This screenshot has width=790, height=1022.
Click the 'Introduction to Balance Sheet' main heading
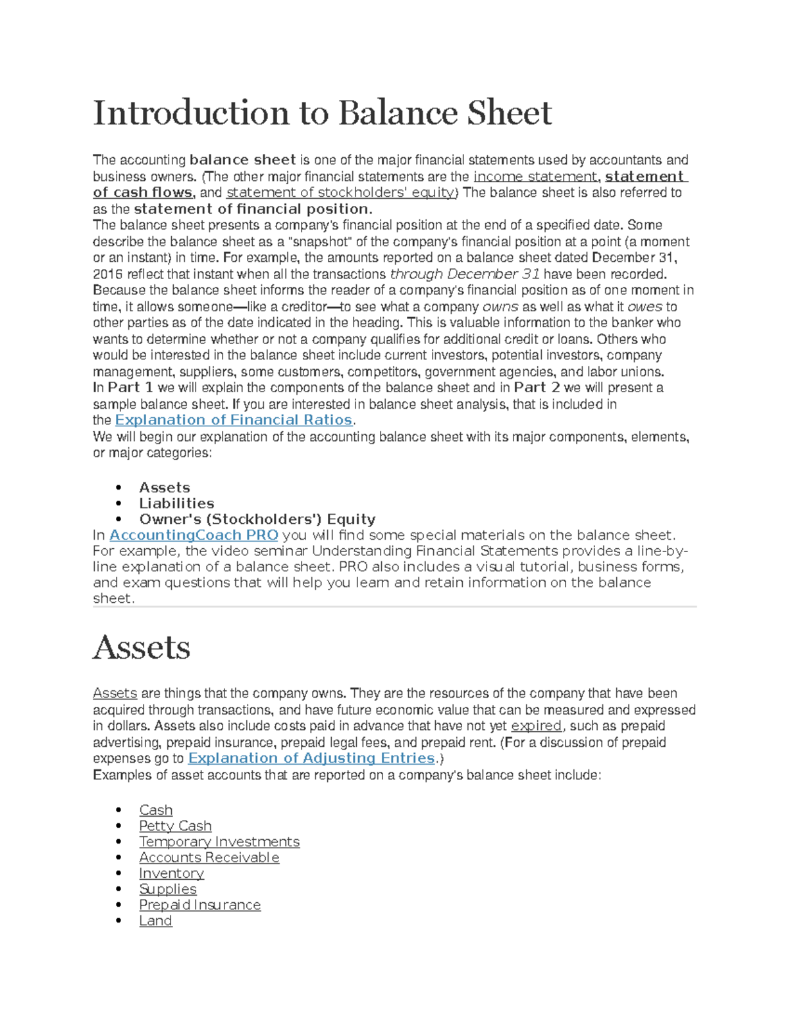pyautogui.click(x=322, y=113)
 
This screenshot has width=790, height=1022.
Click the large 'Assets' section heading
pyautogui.click(x=142, y=648)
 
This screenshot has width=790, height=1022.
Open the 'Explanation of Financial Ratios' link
pyautogui.click(x=234, y=420)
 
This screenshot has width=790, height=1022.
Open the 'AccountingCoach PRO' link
pyautogui.click(x=194, y=535)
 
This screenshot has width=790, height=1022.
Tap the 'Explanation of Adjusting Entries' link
pyautogui.click(x=311, y=758)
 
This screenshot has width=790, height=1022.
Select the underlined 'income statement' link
pyautogui.click(x=535, y=176)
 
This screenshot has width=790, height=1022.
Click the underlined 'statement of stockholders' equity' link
pyautogui.click(x=340, y=193)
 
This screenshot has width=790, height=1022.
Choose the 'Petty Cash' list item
pyautogui.click(x=175, y=826)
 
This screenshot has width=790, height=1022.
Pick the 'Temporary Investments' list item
pyautogui.click(x=219, y=842)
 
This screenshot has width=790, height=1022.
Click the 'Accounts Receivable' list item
pyautogui.click(x=209, y=857)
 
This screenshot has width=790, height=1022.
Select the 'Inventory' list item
pyautogui.click(x=171, y=873)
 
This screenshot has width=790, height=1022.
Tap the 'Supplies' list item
pyautogui.click(x=167, y=889)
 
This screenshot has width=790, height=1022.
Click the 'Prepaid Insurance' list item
pyautogui.click(x=199, y=905)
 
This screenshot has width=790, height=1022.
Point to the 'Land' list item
pyautogui.click(x=155, y=921)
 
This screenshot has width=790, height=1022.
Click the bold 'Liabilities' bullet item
pyautogui.click(x=176, y=503)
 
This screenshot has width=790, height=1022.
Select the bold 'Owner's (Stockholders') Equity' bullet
pyautogui.click(x=257, y=519)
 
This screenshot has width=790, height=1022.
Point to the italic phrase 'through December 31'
pyautogui.click(x=465, y=274)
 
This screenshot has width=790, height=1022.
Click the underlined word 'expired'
pyautogui.click(x=537, y=726)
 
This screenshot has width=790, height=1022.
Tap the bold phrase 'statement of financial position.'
pyautogui.click(x=253, y=209)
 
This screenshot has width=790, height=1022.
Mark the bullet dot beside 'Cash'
pyautogui.click(x=118, y=810)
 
